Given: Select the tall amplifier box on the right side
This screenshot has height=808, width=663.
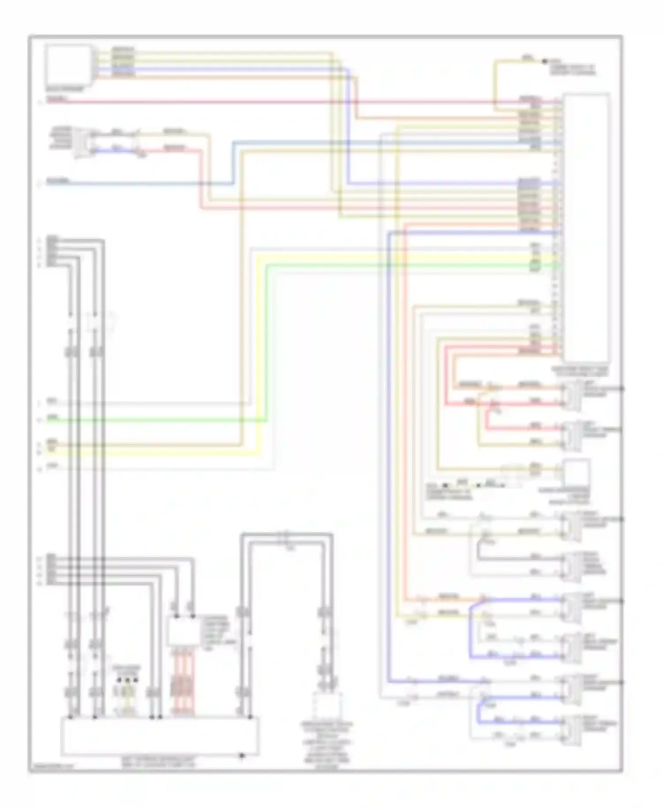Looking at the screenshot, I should tap(586, 228).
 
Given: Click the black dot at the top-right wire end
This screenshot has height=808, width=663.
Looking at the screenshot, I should tap(545, 61).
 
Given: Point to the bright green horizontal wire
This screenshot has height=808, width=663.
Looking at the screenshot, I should tap(155, 420).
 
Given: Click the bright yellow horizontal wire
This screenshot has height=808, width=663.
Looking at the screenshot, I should tap(155, 453).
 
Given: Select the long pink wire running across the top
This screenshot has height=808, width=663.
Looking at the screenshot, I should tap(265, 102).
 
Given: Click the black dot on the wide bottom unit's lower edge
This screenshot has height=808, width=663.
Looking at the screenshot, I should tap(241, 755).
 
